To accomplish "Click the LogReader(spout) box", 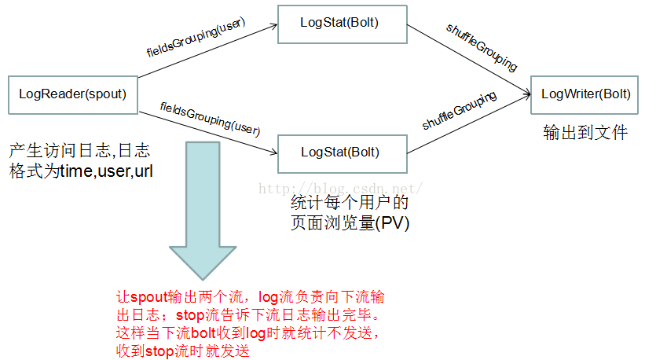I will (72, 94).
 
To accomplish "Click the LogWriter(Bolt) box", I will (585, 95).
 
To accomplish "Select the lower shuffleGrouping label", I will (460, 111).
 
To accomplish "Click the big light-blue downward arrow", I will (203, 204).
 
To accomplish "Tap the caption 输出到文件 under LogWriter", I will (585, 132).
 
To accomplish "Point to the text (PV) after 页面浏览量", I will (393, 223).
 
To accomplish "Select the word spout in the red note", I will (145, 299).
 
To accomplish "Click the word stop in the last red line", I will (160, 351).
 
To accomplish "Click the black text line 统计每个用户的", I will (350, 204).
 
